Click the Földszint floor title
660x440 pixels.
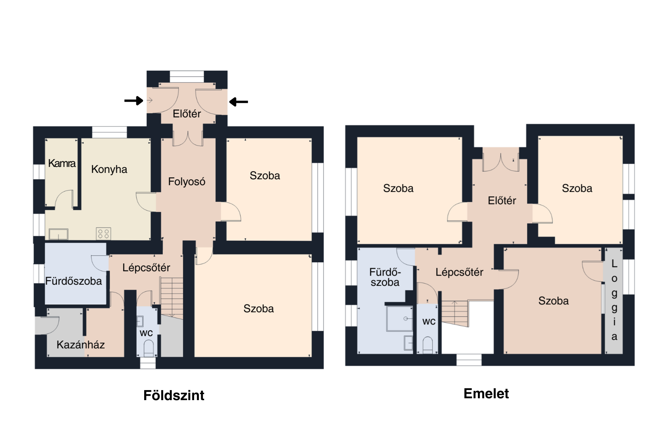[174, 395]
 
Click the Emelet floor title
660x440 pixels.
[486, 393]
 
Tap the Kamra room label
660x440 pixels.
[62, 163]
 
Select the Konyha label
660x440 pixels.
[109, 169]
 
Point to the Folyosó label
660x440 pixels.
[187, 181]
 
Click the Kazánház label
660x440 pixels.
[80, 345]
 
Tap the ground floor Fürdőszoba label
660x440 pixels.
[73, 281]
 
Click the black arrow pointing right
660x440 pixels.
[134, 101]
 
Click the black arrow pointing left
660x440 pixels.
[238, 101]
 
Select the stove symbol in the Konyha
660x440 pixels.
[104, 234]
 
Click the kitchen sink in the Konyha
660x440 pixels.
[58, 234]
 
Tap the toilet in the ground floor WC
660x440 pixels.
[149, 348]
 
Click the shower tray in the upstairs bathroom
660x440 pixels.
[400, 319]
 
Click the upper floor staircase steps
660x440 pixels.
[455, 313]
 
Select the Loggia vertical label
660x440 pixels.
[614, 300]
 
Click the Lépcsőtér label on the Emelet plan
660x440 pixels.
[459, 272]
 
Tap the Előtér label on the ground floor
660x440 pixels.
[187, 114]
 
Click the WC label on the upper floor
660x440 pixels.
[429, 321]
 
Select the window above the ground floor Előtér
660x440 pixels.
[187, 76]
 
